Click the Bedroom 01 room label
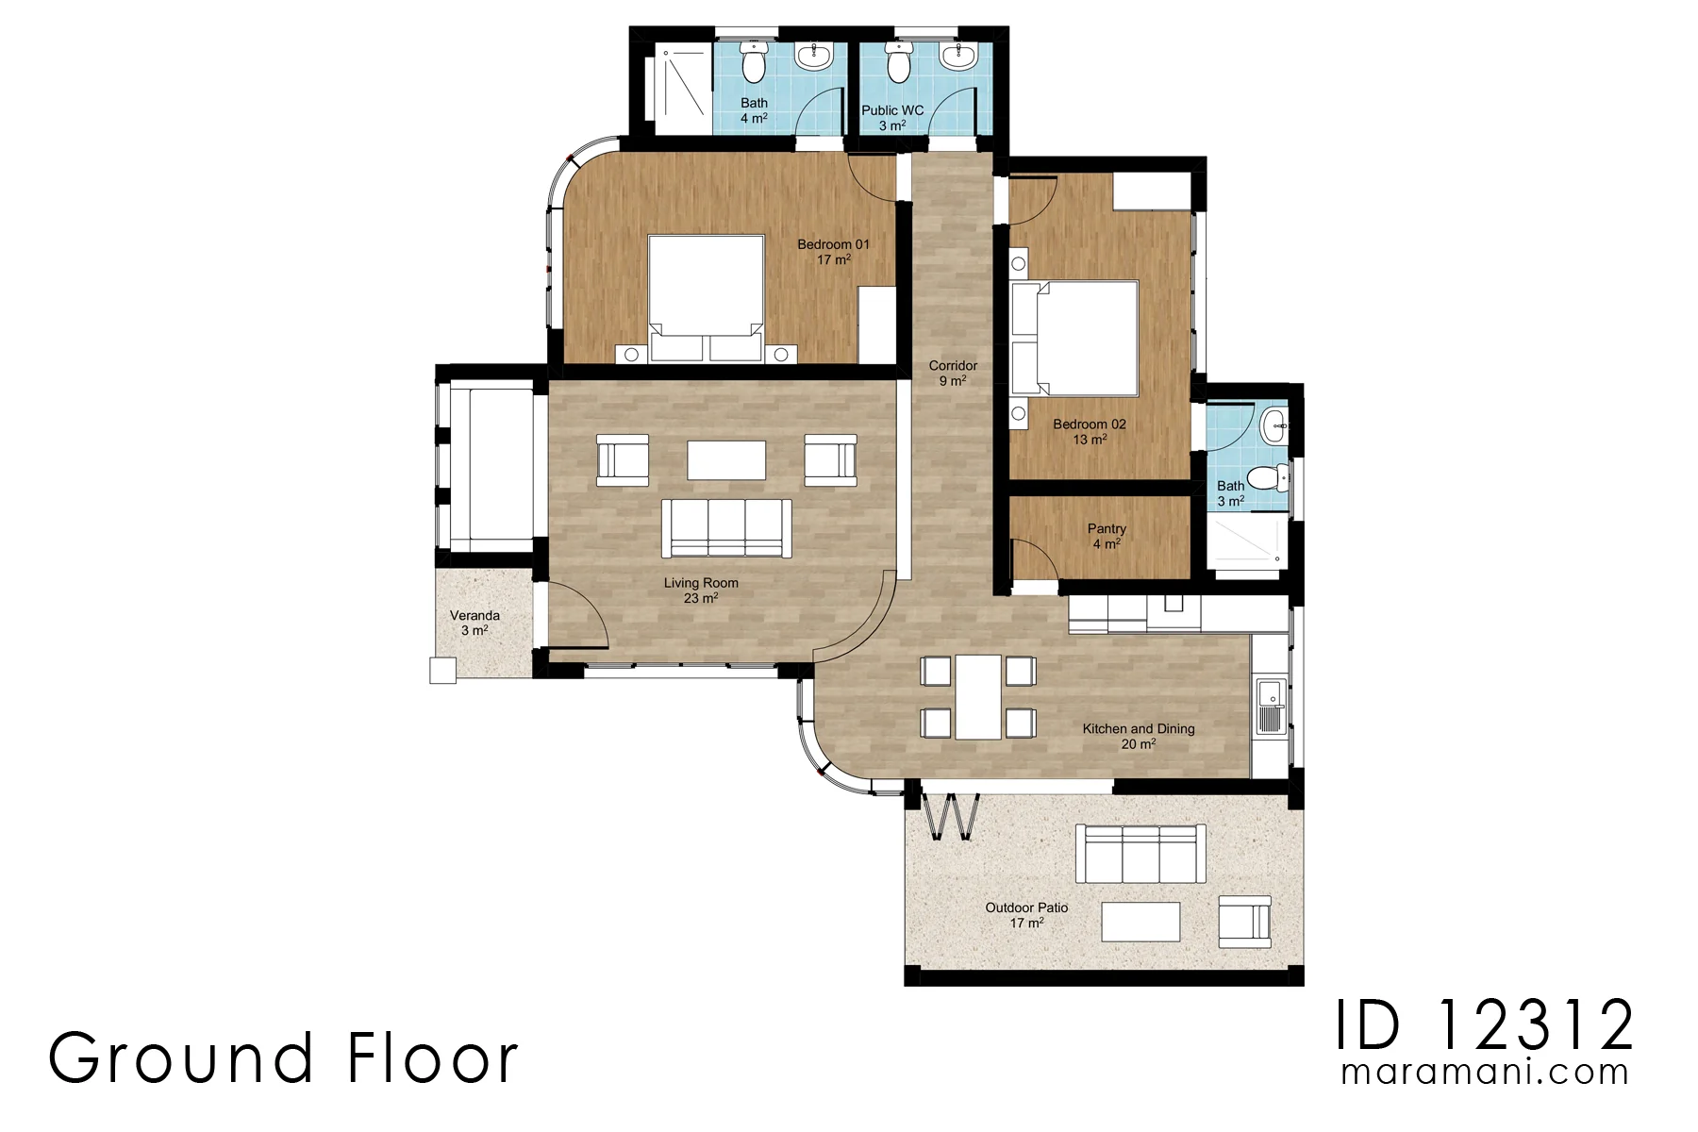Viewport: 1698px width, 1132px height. tap(833, 244)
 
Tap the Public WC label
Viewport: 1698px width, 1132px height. tap(892, 110)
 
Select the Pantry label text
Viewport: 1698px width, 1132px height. tap(1107, 529)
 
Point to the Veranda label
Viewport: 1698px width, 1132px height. tap(474, 615)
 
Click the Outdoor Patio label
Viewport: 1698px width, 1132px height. tap(1026, 907)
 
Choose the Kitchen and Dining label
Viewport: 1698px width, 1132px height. tap(1139, 728)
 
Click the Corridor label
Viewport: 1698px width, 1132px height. tap(953, 365)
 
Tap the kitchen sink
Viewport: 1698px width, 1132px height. tap(1270, 707)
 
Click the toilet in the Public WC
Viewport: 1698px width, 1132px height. tap(898, 61)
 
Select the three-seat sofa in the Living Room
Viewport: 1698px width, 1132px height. tap(726, 528)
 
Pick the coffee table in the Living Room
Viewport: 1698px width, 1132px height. tap(726, 460)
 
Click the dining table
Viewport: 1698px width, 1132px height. tap(977, 697)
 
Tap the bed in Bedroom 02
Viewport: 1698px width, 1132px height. tap(1074, 338)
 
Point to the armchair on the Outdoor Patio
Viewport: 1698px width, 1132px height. tap(1244, 922)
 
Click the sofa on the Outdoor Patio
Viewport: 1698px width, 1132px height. tap(1141, 854)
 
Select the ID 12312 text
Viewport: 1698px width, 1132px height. tap(1485, 1025)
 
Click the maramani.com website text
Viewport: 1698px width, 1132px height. tap(1485, 1072)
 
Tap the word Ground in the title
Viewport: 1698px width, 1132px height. tap(181, 1057)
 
